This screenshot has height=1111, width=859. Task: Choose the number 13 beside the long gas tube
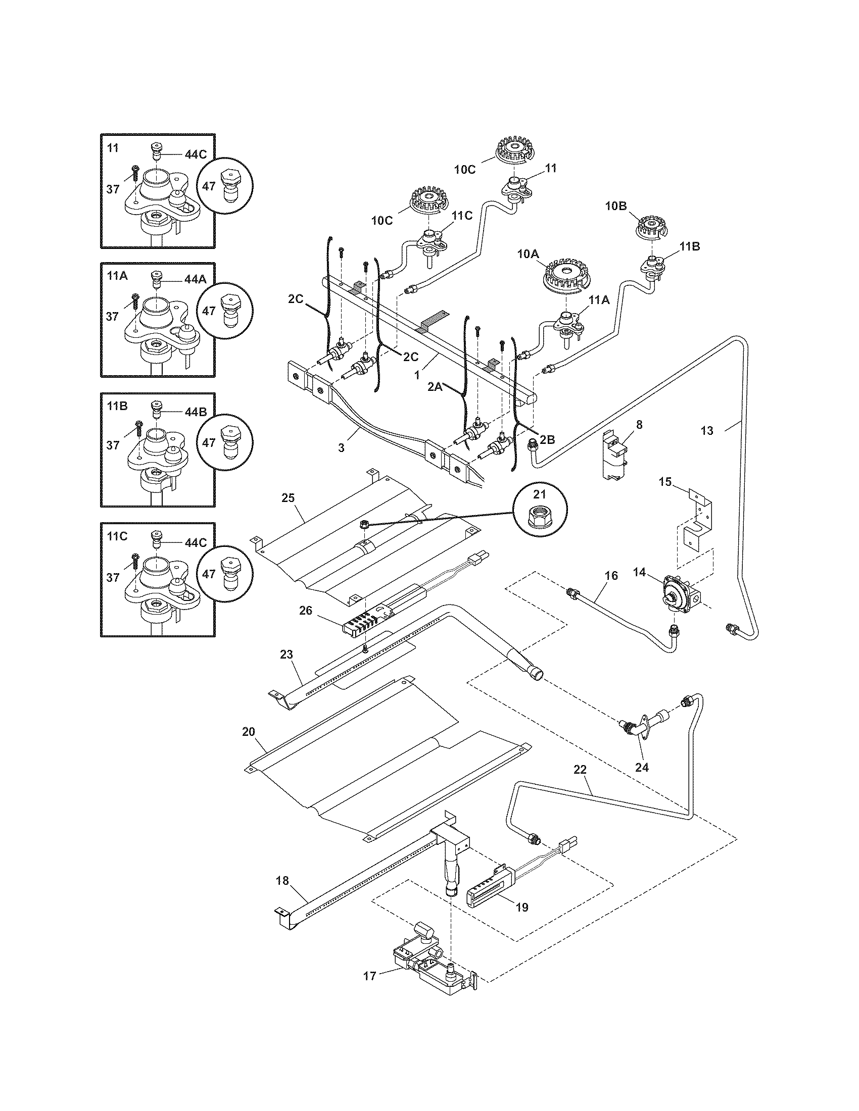tap(707, 431)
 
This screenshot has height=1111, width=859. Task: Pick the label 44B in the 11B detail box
tap(196, 412)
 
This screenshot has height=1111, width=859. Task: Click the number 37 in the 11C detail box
tap(113, 578)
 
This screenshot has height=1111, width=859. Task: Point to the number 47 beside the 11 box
tap(209, 186)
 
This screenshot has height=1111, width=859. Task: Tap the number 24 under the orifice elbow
tap(642, 768)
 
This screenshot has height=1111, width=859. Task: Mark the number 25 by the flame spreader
tap(288, 497)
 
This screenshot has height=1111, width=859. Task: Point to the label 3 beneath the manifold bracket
tap(341, 447)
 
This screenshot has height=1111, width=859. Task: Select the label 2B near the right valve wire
tap(547, 440)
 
